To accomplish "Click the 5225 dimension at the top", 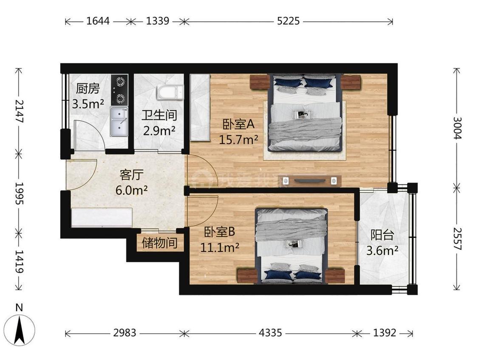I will point(288,21).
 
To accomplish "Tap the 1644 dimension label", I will point(98,21).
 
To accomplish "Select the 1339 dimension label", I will point(158,21).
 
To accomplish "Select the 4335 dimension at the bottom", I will point(270,333).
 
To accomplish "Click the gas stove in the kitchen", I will point(119,90).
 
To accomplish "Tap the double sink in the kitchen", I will point(119,121).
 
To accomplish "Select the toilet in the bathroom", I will point(170,92).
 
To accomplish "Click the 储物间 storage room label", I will point(159,243).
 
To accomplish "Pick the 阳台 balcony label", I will point(382,235).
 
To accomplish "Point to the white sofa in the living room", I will point(102,218).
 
